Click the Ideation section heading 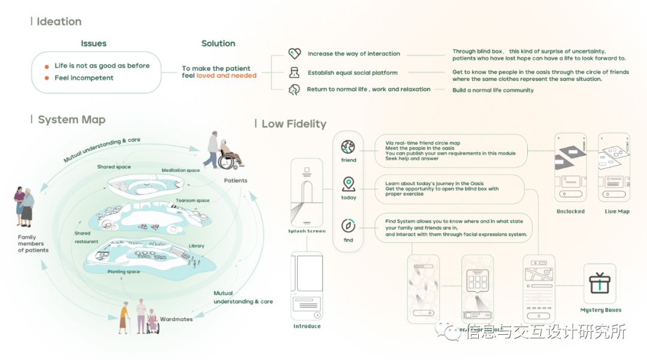[x=59, y=22]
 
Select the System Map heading [x=71, y=120]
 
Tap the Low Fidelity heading [x=294, y=124]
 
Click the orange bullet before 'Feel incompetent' [x=47, y=78]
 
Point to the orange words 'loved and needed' [x=226, y=76]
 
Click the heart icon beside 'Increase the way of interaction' [x=294, y=54]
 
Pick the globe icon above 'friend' [x=348, y=147]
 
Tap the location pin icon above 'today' [x=348, y=184]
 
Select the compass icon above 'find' [x=348, y=226]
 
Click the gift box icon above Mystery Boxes [x=600, y=283]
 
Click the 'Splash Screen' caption [x=306, y=231]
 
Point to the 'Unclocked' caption [x=570, y=211]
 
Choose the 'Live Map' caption [x=614, y=211]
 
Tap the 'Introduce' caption [x=307, y=326]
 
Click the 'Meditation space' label [x=180, y=171]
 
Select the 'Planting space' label [x=123, y=272]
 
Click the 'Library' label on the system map [x=196, y=246]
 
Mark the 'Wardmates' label [x=176, y=319]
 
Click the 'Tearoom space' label [x=192, y=201]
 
